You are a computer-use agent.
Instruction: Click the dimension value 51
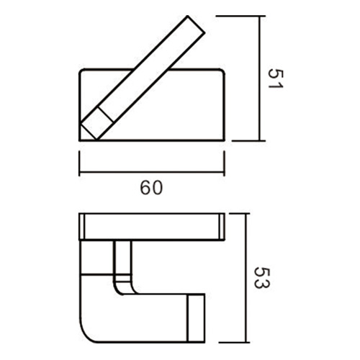274,78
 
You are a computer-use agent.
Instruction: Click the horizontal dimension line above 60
151,173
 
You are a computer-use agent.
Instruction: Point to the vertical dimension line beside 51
259,78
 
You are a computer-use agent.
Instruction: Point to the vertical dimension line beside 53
248,278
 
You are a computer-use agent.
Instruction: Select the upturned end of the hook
197,317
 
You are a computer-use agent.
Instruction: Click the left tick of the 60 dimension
79,164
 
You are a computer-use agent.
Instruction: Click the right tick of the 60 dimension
224,164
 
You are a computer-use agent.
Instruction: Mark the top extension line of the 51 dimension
238,15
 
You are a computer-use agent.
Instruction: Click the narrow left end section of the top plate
82,226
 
